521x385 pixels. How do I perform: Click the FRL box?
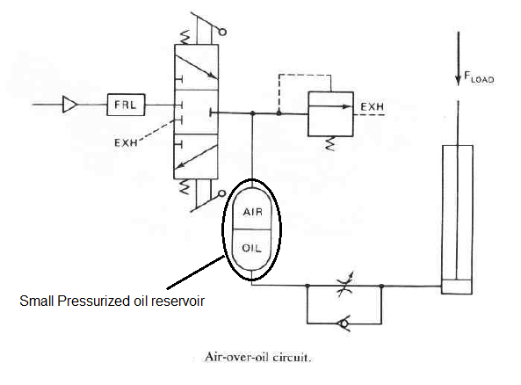coord(126,105)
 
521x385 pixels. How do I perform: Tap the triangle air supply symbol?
coord(69,105)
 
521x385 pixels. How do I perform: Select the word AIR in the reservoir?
coord(252,212)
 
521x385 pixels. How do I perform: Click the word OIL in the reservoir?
coord(251,248)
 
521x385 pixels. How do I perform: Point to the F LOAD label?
coord(479,77)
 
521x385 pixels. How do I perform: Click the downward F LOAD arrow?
coord(459,59)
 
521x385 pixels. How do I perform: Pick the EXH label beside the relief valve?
coord(373,106)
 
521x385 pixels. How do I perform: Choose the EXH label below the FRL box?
coord(126,142)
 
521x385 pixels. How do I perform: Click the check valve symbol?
coord(344,323)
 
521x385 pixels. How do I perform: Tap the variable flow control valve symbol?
coord(344,285)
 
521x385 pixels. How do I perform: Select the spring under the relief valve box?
coord(330,143)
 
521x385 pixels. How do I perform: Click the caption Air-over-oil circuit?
coord(257,357)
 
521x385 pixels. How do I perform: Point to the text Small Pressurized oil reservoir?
coord(112,301)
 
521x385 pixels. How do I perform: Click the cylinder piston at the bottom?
coord(457,287)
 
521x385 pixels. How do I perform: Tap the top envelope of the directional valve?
coord(197,67)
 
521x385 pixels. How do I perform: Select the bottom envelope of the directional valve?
coord(196,156)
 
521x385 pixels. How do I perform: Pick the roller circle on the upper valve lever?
coord(222,32)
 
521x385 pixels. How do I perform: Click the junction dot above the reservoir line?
coord(252,113)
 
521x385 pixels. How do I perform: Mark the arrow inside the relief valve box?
coord(330,106)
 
